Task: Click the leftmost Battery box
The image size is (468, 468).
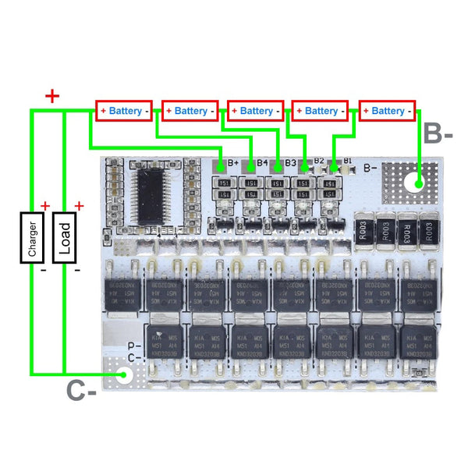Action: tap(124, 111)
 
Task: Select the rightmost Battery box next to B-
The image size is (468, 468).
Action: tap(388, 111)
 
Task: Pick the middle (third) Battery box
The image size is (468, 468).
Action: tap(256, 111)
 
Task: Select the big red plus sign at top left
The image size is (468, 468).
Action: tap(52, 97)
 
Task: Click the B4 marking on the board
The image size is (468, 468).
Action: tap(262, 164)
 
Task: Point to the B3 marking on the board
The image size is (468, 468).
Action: tap(290, 163)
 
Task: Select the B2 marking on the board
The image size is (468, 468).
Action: tap(319, 161)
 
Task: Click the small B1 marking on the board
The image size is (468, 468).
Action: tap(348, 161)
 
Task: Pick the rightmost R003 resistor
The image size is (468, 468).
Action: tap(427, 230)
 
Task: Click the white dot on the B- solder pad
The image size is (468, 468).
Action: tap(419, 185)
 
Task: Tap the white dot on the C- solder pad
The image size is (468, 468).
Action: tap(123, 376)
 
